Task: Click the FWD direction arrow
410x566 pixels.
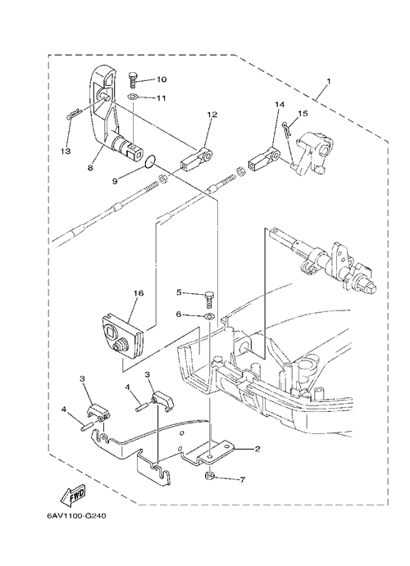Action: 73,496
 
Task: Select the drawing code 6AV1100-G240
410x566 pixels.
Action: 76,516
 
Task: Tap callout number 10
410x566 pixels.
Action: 162,79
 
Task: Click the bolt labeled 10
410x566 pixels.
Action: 133,79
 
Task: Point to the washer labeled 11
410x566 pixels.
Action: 133,97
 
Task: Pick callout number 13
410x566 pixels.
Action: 66,151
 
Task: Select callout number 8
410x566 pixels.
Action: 90,167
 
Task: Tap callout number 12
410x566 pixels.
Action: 212,115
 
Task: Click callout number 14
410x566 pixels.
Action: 280,104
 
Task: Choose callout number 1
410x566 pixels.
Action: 328,82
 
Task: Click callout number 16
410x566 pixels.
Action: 139,293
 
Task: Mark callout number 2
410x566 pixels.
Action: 257,449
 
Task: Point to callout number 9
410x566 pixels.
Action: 115,180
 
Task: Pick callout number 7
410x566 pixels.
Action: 242,480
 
